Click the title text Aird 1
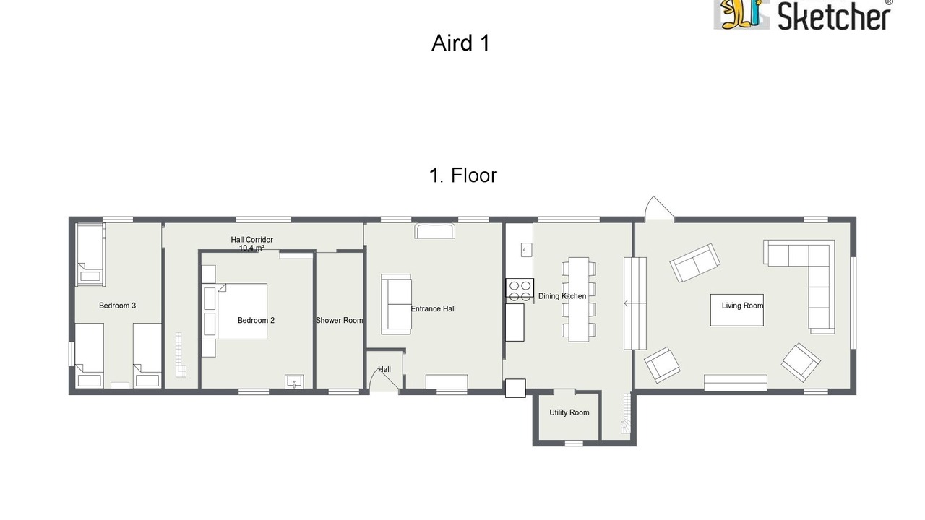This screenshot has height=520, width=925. point(460,43)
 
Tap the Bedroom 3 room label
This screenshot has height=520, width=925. point(117,305)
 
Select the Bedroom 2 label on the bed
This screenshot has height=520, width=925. point(256,320)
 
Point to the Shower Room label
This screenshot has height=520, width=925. point(340,320)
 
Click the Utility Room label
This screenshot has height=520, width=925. point(569,412)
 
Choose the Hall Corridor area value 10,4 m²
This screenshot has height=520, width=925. point(252,248)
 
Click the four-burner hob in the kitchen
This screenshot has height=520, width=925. point(520,290)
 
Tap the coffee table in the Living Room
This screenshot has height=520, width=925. point(736,310)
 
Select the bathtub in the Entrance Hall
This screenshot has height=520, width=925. point(435,231)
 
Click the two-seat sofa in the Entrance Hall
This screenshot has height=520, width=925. point(396,304)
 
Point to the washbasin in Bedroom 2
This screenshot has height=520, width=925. point(294,382)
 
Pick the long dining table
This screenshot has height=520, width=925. point(579,299)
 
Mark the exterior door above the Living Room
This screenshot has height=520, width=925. point(659,209)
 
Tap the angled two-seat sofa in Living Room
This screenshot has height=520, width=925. point(695,262)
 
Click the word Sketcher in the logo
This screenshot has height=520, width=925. point(834,17)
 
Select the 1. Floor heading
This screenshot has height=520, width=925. point(463,175)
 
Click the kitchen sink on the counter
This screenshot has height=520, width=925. point(525,250)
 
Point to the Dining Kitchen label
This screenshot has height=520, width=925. point(562,296)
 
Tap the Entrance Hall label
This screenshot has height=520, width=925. point(433,308)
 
